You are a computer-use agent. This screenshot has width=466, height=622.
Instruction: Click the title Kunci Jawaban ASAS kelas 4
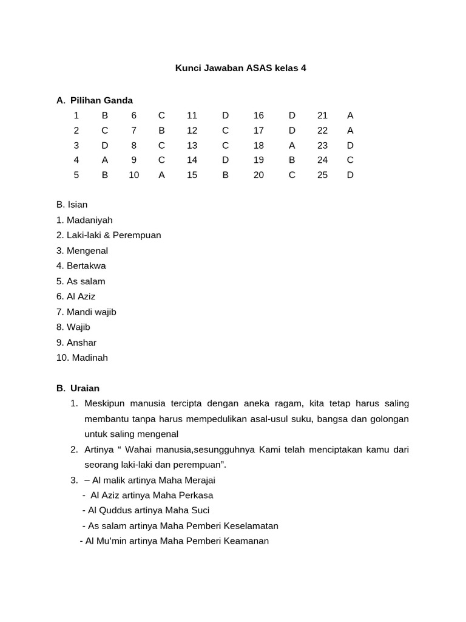click(x=240, y=68)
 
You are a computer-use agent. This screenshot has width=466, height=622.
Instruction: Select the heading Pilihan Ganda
click(x=101, y=100)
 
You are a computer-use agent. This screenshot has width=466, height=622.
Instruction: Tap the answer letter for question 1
click(x=105, y=115)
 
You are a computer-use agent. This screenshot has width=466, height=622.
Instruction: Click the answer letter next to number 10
click(x=161, y=175)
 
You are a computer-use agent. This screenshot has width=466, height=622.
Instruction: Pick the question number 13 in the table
click(x=192, y=145)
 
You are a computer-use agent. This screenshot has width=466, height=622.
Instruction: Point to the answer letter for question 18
click(x=292, y=145)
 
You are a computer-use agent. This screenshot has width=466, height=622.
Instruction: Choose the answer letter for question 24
click(x=350, y=160)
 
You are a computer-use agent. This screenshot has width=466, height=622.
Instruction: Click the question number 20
click(x=258, y=175)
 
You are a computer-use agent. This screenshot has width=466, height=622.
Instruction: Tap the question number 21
click(x=322, y=115)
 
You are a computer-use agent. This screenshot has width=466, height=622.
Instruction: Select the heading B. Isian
click(x=72, y=205)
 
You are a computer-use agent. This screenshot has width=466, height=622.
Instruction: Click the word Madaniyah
click(x=90, y=220)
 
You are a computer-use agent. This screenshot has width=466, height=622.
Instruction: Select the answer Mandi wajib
click(x=91, y=312)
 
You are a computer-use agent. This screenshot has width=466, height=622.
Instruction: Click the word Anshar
click(x=81, y=343)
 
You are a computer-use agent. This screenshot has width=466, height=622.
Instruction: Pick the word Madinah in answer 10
click(x=90, y=358)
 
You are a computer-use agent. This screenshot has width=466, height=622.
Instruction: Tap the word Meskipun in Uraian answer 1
click(x=105, y=403)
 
